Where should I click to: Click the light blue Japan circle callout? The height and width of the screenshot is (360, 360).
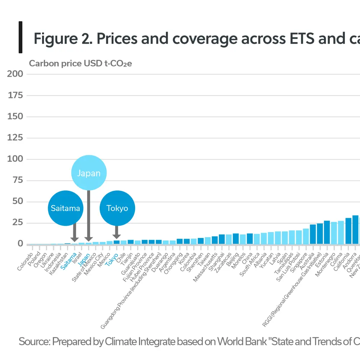point(89,173)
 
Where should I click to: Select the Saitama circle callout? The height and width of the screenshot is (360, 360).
point(65,208)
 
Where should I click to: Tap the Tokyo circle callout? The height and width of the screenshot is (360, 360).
point(117,208)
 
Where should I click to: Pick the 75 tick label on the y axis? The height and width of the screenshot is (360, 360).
point(18,180)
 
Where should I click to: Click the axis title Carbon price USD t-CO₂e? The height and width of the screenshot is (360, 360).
point(80,63)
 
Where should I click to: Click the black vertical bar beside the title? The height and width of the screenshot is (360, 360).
point(21,37)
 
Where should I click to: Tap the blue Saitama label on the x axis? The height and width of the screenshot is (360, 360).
point(69,261)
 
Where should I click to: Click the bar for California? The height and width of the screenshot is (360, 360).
point(348,231)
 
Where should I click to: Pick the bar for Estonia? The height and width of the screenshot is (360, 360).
point(327,233)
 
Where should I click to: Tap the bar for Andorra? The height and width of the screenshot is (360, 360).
point(355,230)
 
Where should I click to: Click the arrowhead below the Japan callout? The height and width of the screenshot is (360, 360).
point(89,239)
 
